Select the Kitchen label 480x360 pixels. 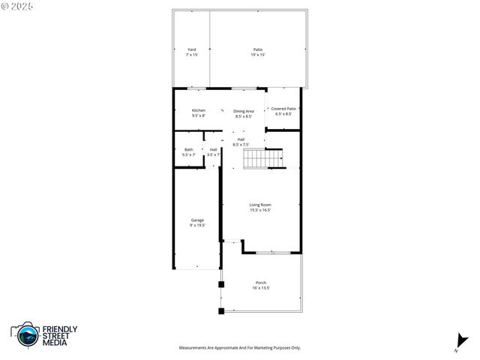[199, 110]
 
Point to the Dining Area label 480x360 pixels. [244, 111]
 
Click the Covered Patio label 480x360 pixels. [283, 109]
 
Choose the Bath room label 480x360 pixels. [188, 149]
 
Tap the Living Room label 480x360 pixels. [260, 205]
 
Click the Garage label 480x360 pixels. [197, 220]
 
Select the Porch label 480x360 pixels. [261, 283]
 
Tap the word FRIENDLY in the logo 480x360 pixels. [59, 329]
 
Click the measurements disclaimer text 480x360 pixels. [239, 348]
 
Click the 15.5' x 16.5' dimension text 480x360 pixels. [260, 210]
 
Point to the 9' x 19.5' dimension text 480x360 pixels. [197, 225]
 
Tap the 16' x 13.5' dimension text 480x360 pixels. [261, 288]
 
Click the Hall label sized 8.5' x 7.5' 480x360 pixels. [241, 139]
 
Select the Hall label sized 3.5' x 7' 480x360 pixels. [214, 149]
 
